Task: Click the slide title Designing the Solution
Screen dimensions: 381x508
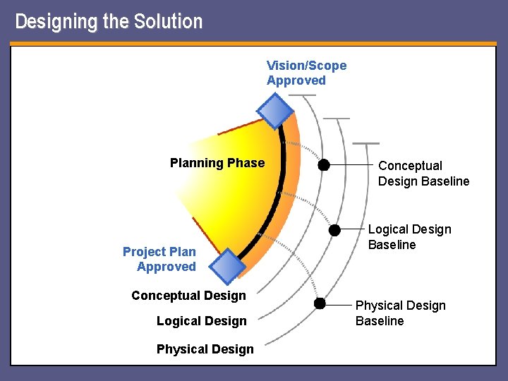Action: point(109,21)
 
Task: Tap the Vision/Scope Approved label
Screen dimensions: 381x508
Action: point(306,73)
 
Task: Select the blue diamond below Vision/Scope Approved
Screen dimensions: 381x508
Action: point(274,110)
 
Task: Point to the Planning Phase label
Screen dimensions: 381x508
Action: point(217,163)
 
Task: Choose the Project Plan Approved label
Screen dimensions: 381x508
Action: point(159,259)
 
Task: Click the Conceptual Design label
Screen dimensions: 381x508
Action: point(188,296)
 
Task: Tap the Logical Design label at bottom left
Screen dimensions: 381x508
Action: point(201,321)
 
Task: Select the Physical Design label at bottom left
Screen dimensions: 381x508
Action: point(205,349)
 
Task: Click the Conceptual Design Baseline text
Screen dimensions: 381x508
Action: point(423,174)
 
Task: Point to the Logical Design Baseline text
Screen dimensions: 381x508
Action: point(409,237)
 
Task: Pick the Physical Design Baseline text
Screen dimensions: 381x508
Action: point(400,313)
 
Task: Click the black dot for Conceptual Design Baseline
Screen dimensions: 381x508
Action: point(323,165)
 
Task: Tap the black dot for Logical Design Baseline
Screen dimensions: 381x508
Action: point(335,230)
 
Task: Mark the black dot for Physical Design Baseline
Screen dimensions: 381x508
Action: point(320,303)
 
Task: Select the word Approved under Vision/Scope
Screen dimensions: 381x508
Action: point(296,80)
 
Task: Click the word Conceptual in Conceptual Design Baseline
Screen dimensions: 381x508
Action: point(410,166)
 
